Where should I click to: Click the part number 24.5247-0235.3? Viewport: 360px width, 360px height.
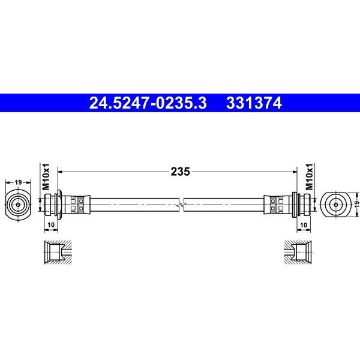(148, 103)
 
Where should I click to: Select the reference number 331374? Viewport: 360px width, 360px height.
(254, 103)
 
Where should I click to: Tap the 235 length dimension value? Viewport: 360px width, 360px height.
(180, 172)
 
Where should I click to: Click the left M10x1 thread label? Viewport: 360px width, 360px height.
(46, 177)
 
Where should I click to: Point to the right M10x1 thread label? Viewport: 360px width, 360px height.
(310, 177)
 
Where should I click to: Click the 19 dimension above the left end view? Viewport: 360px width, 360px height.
(18, 182)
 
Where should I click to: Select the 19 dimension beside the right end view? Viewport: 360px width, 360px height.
(356, 204)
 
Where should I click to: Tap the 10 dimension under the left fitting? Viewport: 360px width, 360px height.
(51, 225)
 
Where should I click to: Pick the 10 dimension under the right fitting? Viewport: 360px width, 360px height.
(304, 225)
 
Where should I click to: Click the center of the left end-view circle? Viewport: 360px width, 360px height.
(18, 205)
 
